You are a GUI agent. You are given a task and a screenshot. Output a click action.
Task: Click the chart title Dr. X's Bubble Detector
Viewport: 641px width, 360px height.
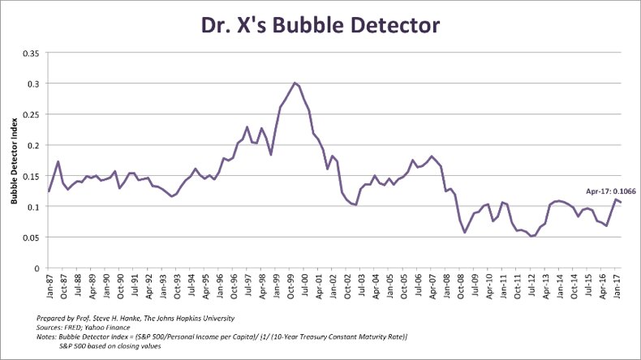pos(320,25)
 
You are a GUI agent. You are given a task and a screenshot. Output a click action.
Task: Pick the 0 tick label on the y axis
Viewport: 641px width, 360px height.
pos(37,268)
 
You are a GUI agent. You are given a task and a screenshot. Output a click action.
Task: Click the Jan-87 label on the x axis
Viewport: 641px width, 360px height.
pos(49,286)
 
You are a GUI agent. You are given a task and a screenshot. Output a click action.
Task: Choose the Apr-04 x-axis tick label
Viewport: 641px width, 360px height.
pos(376,286)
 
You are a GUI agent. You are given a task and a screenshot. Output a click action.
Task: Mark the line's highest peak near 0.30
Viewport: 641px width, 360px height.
pos(295,83)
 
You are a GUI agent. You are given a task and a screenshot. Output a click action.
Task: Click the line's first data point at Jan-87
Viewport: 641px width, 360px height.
pos(49,191)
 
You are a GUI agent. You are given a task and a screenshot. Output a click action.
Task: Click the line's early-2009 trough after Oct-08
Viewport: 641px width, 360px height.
pos(465,233)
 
